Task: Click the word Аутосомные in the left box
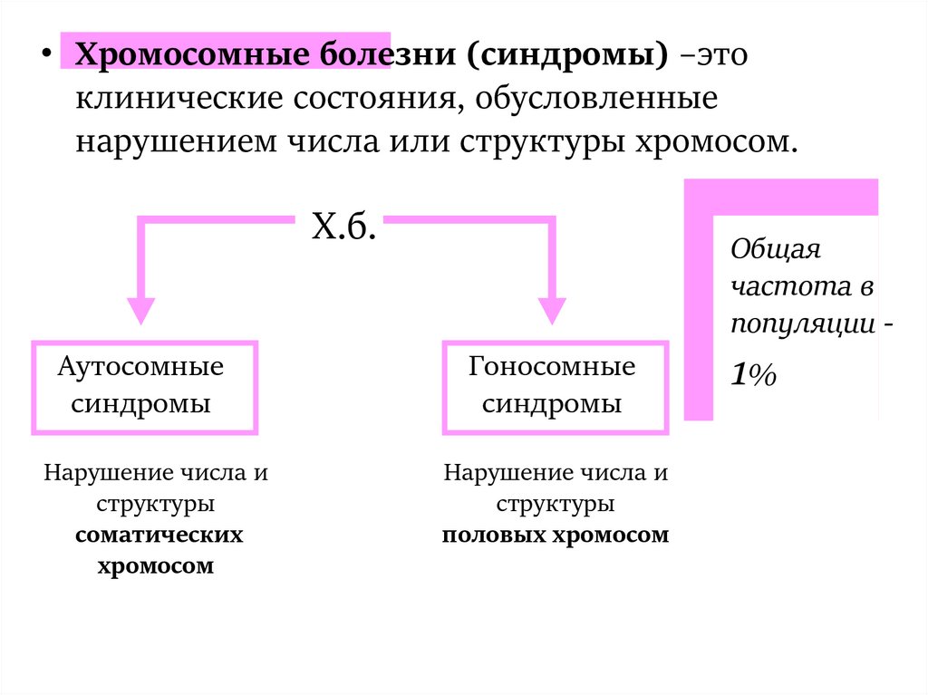coord(140,368)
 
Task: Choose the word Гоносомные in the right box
coord(552,368)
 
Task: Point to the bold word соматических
coord(159,535)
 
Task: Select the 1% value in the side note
coord(754,375)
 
